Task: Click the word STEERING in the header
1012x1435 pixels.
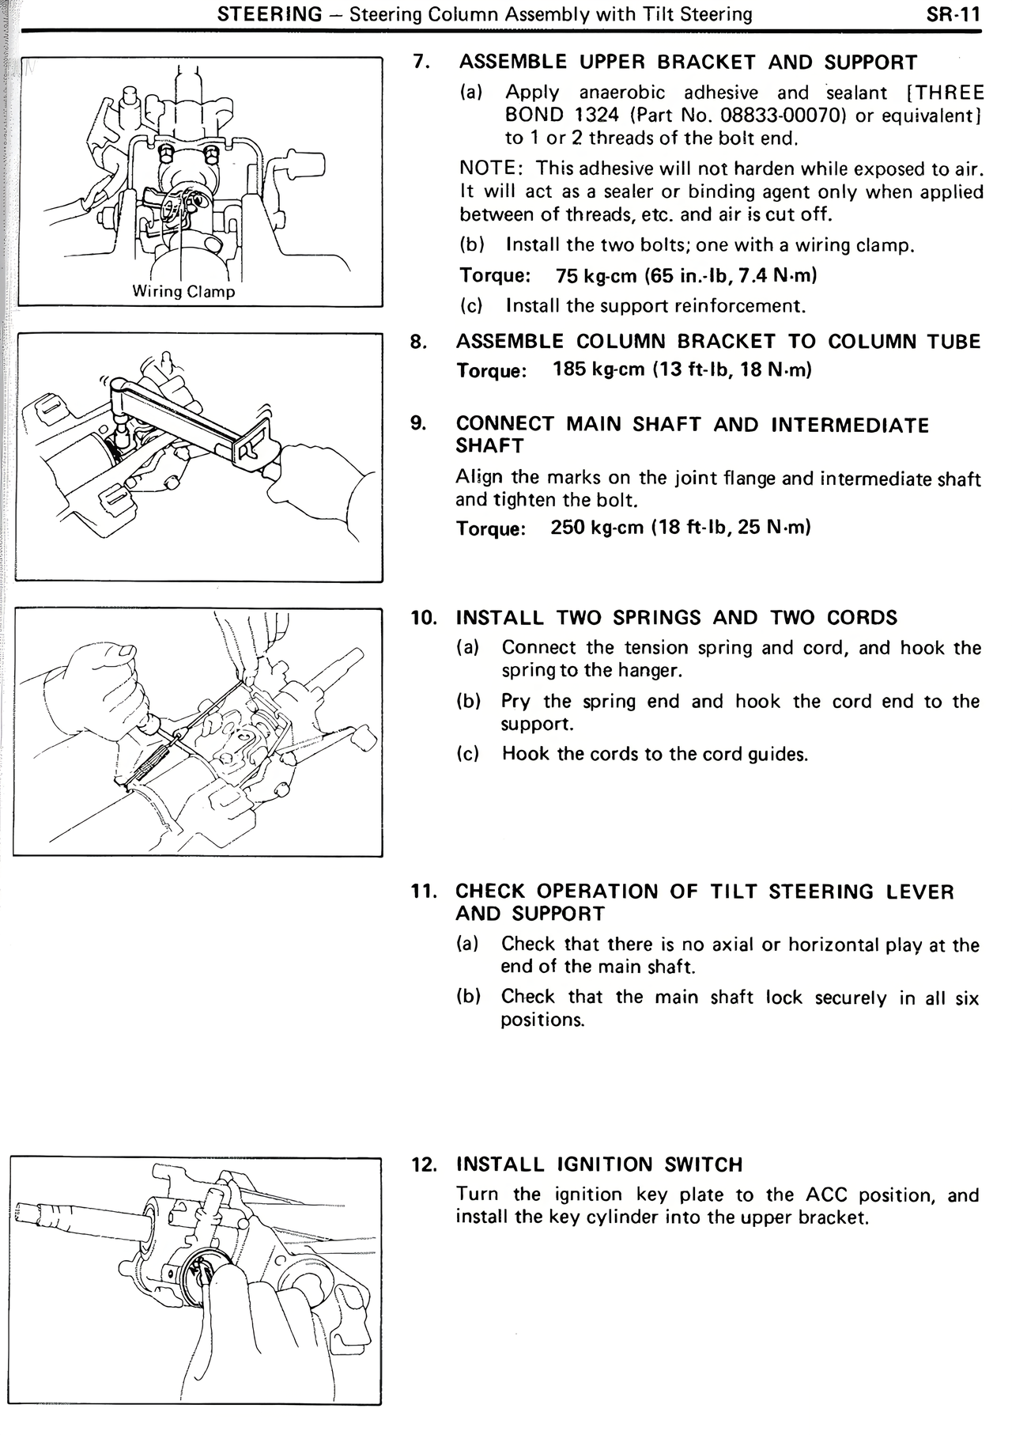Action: point(270,13)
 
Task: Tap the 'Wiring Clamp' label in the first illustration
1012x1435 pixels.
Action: point(183,291)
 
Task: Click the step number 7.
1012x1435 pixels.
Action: point(421,62)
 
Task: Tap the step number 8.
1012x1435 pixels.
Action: point(419,342)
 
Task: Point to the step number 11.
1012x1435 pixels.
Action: point(424,892)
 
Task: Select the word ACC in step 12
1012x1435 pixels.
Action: point(826,1195)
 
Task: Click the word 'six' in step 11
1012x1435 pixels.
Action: point(966,998)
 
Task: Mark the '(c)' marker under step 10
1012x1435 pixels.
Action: point(470,754)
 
